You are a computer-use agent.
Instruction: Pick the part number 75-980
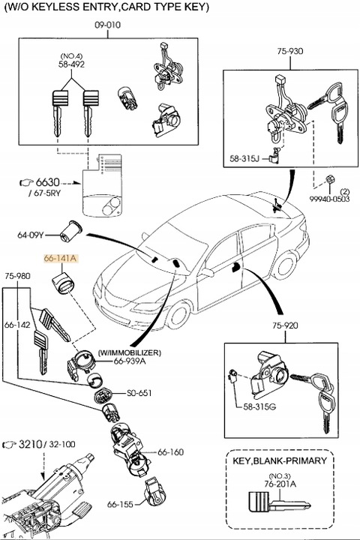pyautogui.click(x=17, y=276)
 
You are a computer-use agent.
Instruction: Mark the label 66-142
pyautogui.click(x=17, y=325)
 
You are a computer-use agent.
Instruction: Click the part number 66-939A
pyautogui.click(x=130, y=361)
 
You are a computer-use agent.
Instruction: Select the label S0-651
pyautogui.click(x=139, y=392)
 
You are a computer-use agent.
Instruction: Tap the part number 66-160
pyautogui.click(x=170, y=452)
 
